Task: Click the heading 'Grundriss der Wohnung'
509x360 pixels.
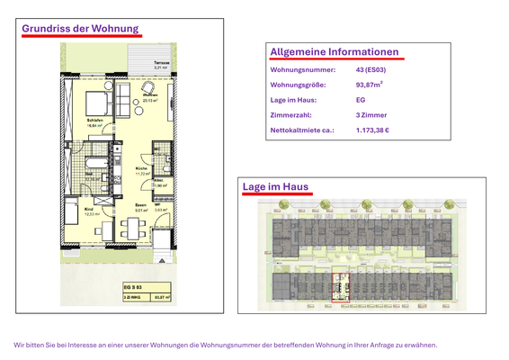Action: pos(80,28)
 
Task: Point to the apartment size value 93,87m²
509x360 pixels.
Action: pos(369,85)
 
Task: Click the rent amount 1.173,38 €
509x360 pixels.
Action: pos(372,131)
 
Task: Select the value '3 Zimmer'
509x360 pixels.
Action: pos(371,116)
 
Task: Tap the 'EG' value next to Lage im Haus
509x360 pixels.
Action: pos(361,101)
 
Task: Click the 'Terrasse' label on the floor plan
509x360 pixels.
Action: pos(162,62)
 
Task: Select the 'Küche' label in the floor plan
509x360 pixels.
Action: pos(141,168)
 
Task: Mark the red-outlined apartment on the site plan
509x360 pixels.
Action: pos(341,287)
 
